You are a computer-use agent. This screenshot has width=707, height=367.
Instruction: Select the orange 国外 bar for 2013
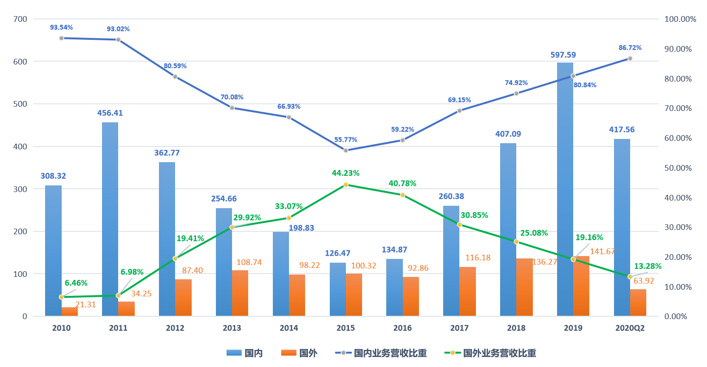240,293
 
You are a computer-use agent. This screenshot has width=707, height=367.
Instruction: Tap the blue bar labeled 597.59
565,190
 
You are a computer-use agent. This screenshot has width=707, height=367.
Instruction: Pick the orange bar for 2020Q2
638,303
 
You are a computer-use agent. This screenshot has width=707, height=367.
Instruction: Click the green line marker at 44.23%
345,185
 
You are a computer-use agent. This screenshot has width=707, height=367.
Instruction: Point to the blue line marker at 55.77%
345,150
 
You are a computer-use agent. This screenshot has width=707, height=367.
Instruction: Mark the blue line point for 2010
61,38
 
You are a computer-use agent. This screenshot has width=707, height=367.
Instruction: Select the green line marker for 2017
459,224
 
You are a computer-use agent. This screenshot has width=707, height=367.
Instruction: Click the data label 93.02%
118,29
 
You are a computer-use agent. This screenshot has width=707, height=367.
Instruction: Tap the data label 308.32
53,176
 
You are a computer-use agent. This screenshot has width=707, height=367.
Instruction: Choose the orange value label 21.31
86,305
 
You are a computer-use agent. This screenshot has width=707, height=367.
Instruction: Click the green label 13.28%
648,266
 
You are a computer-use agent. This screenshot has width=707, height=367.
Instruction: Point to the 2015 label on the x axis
345,328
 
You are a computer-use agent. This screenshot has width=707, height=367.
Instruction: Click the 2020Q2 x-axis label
630,328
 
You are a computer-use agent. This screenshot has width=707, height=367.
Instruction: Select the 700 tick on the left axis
22,19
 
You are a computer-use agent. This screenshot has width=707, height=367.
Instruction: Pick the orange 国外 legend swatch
288,353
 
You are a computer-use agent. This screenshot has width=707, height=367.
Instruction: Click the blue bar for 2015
338,289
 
